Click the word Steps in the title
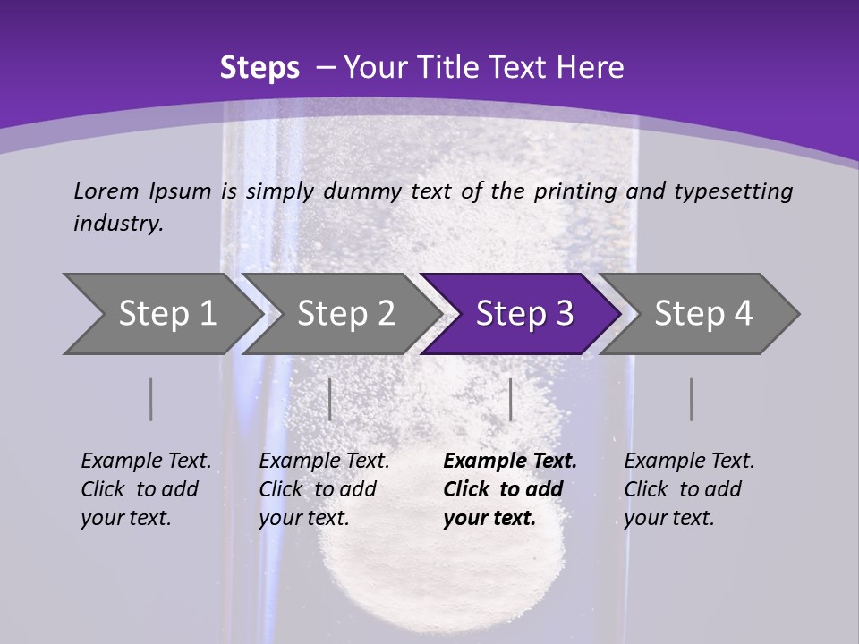click(x=259, y=68)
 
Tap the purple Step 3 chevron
click(x=524, y=314)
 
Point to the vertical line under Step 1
click(x=150, y=399)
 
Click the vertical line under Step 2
click(x=330, y=399)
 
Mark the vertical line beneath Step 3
click(x=510, y=399)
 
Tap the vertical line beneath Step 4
click(x=691, y=399)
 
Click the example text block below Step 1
click(x=146, y=489)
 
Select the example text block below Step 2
click(x=324, y=489)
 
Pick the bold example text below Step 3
click(x=510, y=489)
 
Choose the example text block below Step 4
click(x=689, y=489)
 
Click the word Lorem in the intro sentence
click(x=106, y=191)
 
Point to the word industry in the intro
click(x=118, y=224)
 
